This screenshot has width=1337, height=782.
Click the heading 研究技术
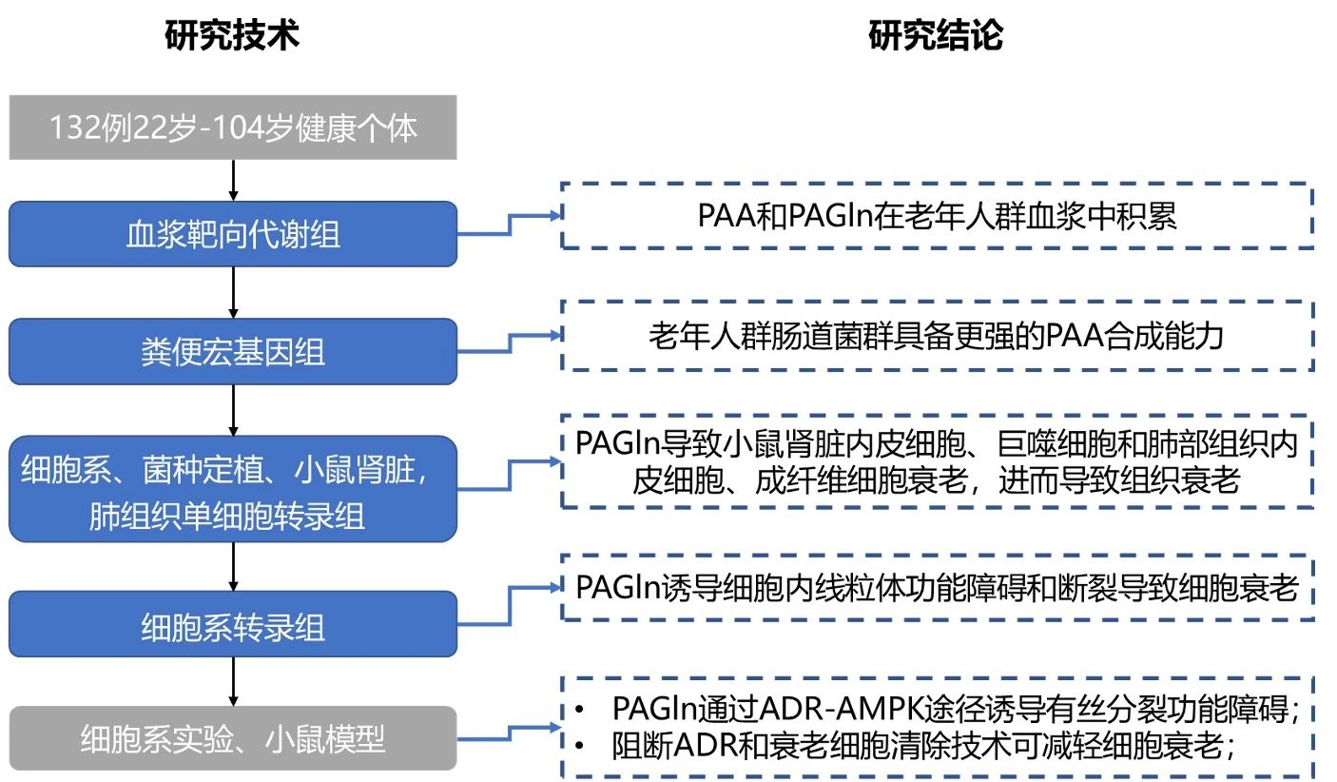(x=232, y=35)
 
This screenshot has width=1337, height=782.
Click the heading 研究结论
(x=936, y=35)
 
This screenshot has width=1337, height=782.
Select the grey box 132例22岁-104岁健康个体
(x=232, y=127)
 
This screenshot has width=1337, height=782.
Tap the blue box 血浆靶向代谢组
(x=232, y=234)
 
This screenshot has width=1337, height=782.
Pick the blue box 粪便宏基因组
(x=232, y=352)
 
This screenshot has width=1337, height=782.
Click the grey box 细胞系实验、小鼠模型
(x=232, y=738)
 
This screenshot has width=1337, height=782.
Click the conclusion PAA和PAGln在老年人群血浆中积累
(x=936, y=216)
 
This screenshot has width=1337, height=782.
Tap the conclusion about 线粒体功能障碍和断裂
(x=936, y=587)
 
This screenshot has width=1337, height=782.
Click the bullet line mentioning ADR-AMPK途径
(x=956, y=709)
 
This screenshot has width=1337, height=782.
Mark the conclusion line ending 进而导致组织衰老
(x=936, y=479)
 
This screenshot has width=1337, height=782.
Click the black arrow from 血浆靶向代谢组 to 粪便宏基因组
(x=233, y=292)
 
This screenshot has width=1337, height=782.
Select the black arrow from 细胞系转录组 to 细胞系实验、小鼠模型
(x=233, y=681)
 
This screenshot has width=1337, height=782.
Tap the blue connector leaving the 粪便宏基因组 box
(x=510, y=341)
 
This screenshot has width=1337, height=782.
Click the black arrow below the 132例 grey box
(x=233, y=180)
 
